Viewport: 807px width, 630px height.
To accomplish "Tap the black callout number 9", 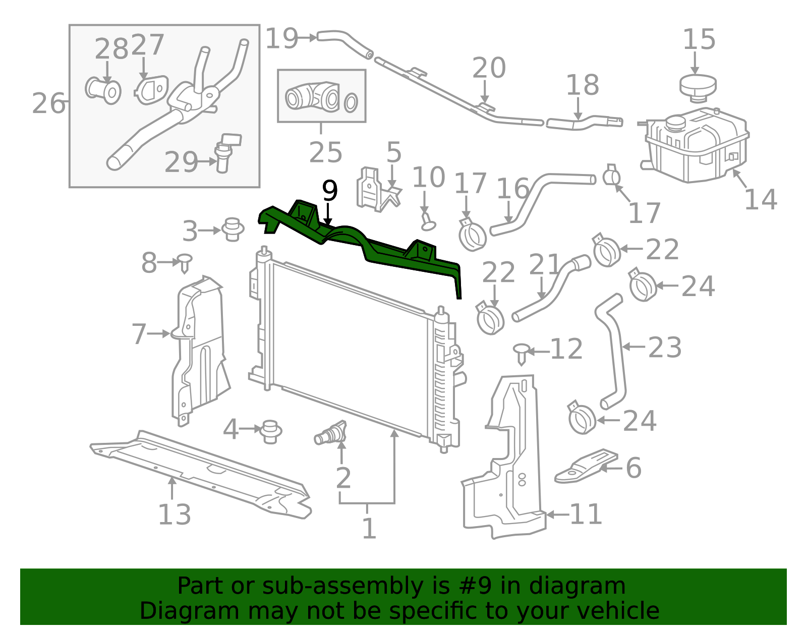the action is click(x=330, y=191).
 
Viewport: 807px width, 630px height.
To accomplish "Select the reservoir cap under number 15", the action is click(x=698, y=88).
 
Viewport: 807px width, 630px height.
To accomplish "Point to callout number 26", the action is click(x=48, y=103).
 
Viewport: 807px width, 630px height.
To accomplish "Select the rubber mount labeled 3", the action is click(x=233, y=230).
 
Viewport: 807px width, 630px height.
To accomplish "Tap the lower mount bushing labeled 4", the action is click(x=270, y=432).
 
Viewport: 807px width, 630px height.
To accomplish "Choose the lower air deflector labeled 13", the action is click(x=201, y=475).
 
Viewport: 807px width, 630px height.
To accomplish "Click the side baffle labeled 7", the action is click(x=200, y=351).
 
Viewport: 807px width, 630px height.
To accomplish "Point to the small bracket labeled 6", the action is click(x=586, y=467).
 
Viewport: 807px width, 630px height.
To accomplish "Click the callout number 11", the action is click(x=585, y=514).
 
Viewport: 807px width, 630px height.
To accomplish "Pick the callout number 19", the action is click(x=281, y=39).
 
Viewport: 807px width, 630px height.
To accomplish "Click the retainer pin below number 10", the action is click(x=427, y=221).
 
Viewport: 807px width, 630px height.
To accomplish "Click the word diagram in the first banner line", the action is click(x=577, y=586).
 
